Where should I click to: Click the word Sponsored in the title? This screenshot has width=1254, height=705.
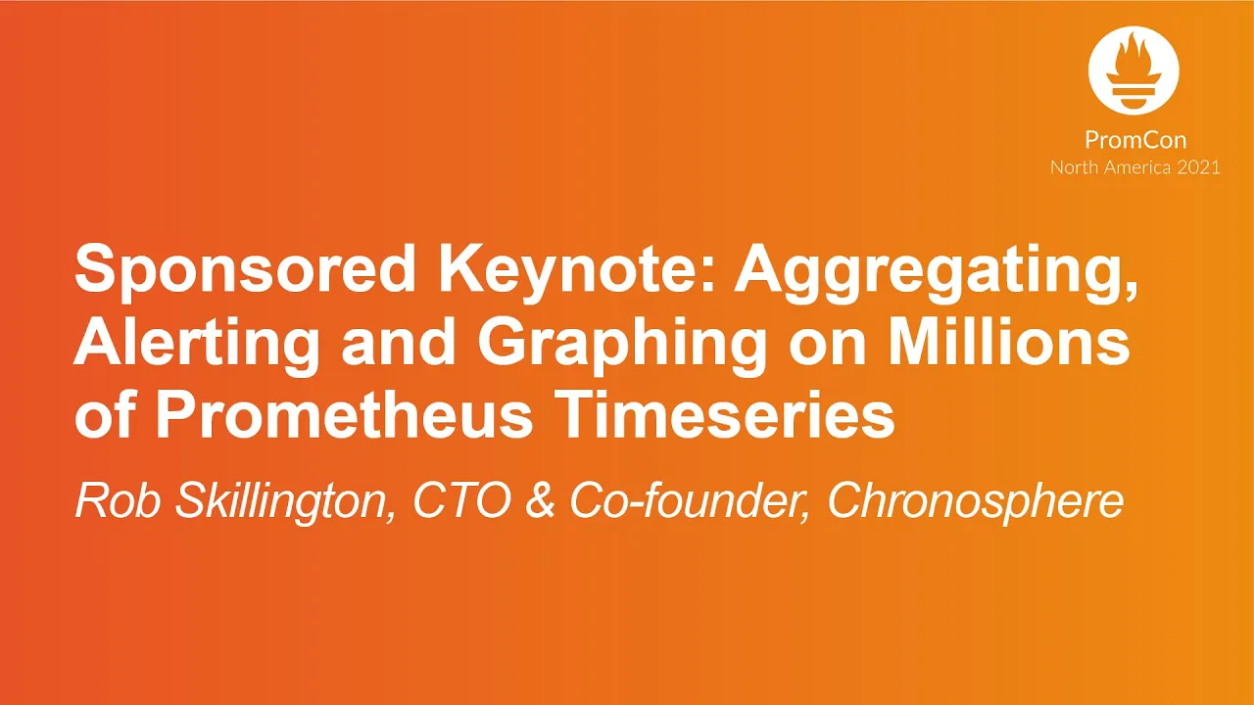pos(245,270)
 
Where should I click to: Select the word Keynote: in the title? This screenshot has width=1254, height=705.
pos(578,270)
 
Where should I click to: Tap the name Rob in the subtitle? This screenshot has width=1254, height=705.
pos(118,500)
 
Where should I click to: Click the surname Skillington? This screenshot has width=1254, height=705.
pos(284,502)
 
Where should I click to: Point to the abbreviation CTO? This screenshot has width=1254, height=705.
pos(461,500)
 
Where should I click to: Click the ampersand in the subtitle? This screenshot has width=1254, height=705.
pos(540,500)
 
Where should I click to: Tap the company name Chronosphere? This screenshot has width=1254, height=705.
pos(975,502)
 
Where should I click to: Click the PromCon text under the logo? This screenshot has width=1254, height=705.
pos(1135,139)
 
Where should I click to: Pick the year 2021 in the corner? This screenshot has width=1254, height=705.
pos(1198,167)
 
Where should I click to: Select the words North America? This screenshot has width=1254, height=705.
pos(1111,167)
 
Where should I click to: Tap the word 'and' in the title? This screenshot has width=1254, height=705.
pos(399,342)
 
